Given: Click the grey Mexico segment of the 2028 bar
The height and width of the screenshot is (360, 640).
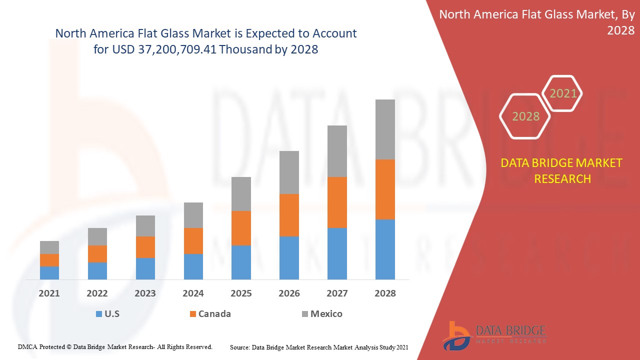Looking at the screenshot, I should (385, 129).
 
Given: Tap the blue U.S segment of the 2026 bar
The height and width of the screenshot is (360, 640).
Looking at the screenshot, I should (289, 257).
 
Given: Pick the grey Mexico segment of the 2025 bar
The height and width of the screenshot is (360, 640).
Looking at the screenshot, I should (241, 194).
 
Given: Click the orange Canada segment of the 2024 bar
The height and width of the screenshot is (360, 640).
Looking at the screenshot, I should (193, 241).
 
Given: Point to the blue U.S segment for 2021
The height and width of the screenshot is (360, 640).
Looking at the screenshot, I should (49, 272).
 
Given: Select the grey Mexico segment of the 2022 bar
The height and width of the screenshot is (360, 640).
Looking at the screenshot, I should (97, 236).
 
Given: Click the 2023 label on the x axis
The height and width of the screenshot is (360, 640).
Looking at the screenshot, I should (145, 293).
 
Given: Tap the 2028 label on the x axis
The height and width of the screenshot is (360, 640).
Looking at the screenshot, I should (385, 293).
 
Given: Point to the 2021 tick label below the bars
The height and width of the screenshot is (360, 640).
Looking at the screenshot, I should (49, 293).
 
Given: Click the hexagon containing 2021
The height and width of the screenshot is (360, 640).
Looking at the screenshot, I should (562, 93).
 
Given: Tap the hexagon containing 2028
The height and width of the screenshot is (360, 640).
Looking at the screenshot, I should (525, 116).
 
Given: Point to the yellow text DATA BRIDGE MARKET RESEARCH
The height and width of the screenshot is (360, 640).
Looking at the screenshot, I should (562, 171).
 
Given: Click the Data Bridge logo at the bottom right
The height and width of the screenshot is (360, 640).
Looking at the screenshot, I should (494, 335).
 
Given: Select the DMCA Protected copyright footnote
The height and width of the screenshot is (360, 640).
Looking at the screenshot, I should (115, 346).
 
